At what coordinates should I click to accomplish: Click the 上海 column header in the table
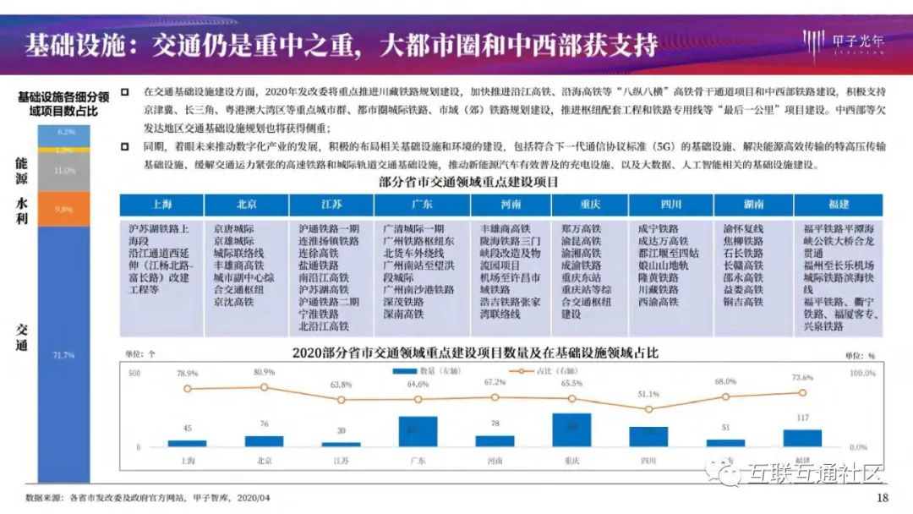click(x=161, y=205)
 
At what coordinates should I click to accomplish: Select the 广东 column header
click(x=418, y=205)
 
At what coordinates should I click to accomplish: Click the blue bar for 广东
click(x=418, y=431)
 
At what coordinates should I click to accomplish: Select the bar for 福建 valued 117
click(x=802, y=438)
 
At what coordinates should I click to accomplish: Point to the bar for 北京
click(x=265, y=440)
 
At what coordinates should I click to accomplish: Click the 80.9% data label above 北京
click(x=263, y=372)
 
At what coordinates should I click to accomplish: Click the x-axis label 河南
click(x=495, y=461)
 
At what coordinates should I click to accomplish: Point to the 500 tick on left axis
click(x=134, y=373)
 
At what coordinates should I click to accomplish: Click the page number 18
click(x=883, y=497)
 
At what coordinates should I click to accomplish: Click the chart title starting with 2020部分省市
click(x=474, y=353)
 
